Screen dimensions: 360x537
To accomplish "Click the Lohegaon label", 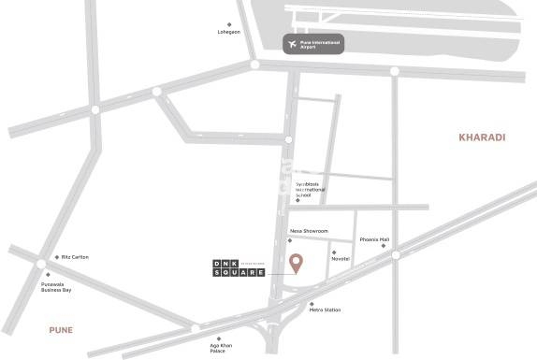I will pos(229,33).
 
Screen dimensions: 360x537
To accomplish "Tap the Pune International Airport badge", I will pos(312,43).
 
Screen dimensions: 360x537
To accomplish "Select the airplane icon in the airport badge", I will pos(291,43).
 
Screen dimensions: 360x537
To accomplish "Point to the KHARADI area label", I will pos(482,137).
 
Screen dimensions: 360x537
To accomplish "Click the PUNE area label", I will pos(61,329).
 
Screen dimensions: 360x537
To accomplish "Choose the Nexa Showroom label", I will pos(309,230).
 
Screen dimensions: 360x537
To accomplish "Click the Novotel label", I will pos(340,258).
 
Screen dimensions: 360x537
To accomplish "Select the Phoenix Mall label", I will pos(378,240).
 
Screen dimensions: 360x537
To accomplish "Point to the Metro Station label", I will pos(325,310).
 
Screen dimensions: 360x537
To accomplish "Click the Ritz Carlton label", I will pos(75,257).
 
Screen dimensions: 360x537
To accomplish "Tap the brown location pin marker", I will pos(296,264).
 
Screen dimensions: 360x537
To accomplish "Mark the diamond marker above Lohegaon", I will pos(229,24).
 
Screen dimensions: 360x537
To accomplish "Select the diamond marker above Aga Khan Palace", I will pos(218,338).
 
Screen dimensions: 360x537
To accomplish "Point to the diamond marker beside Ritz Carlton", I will pos(57,257).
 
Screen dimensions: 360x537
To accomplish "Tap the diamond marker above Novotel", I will pos(334,252).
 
